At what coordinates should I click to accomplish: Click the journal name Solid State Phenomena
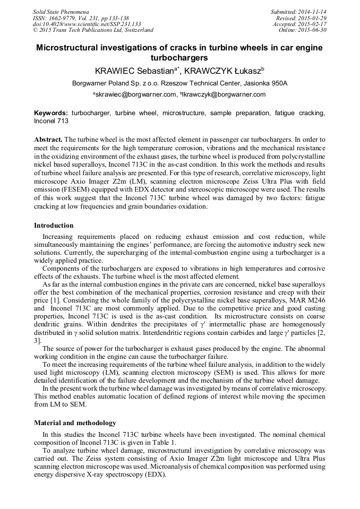[x=61, y=12]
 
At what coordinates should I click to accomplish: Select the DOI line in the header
[x=87, y=24]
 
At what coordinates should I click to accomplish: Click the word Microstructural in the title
[x=69, y=48]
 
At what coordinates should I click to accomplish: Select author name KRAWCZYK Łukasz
[x=220, y=71]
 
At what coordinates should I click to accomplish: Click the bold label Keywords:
[x=51, y=113]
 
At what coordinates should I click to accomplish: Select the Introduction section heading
[x=54, y=226]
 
